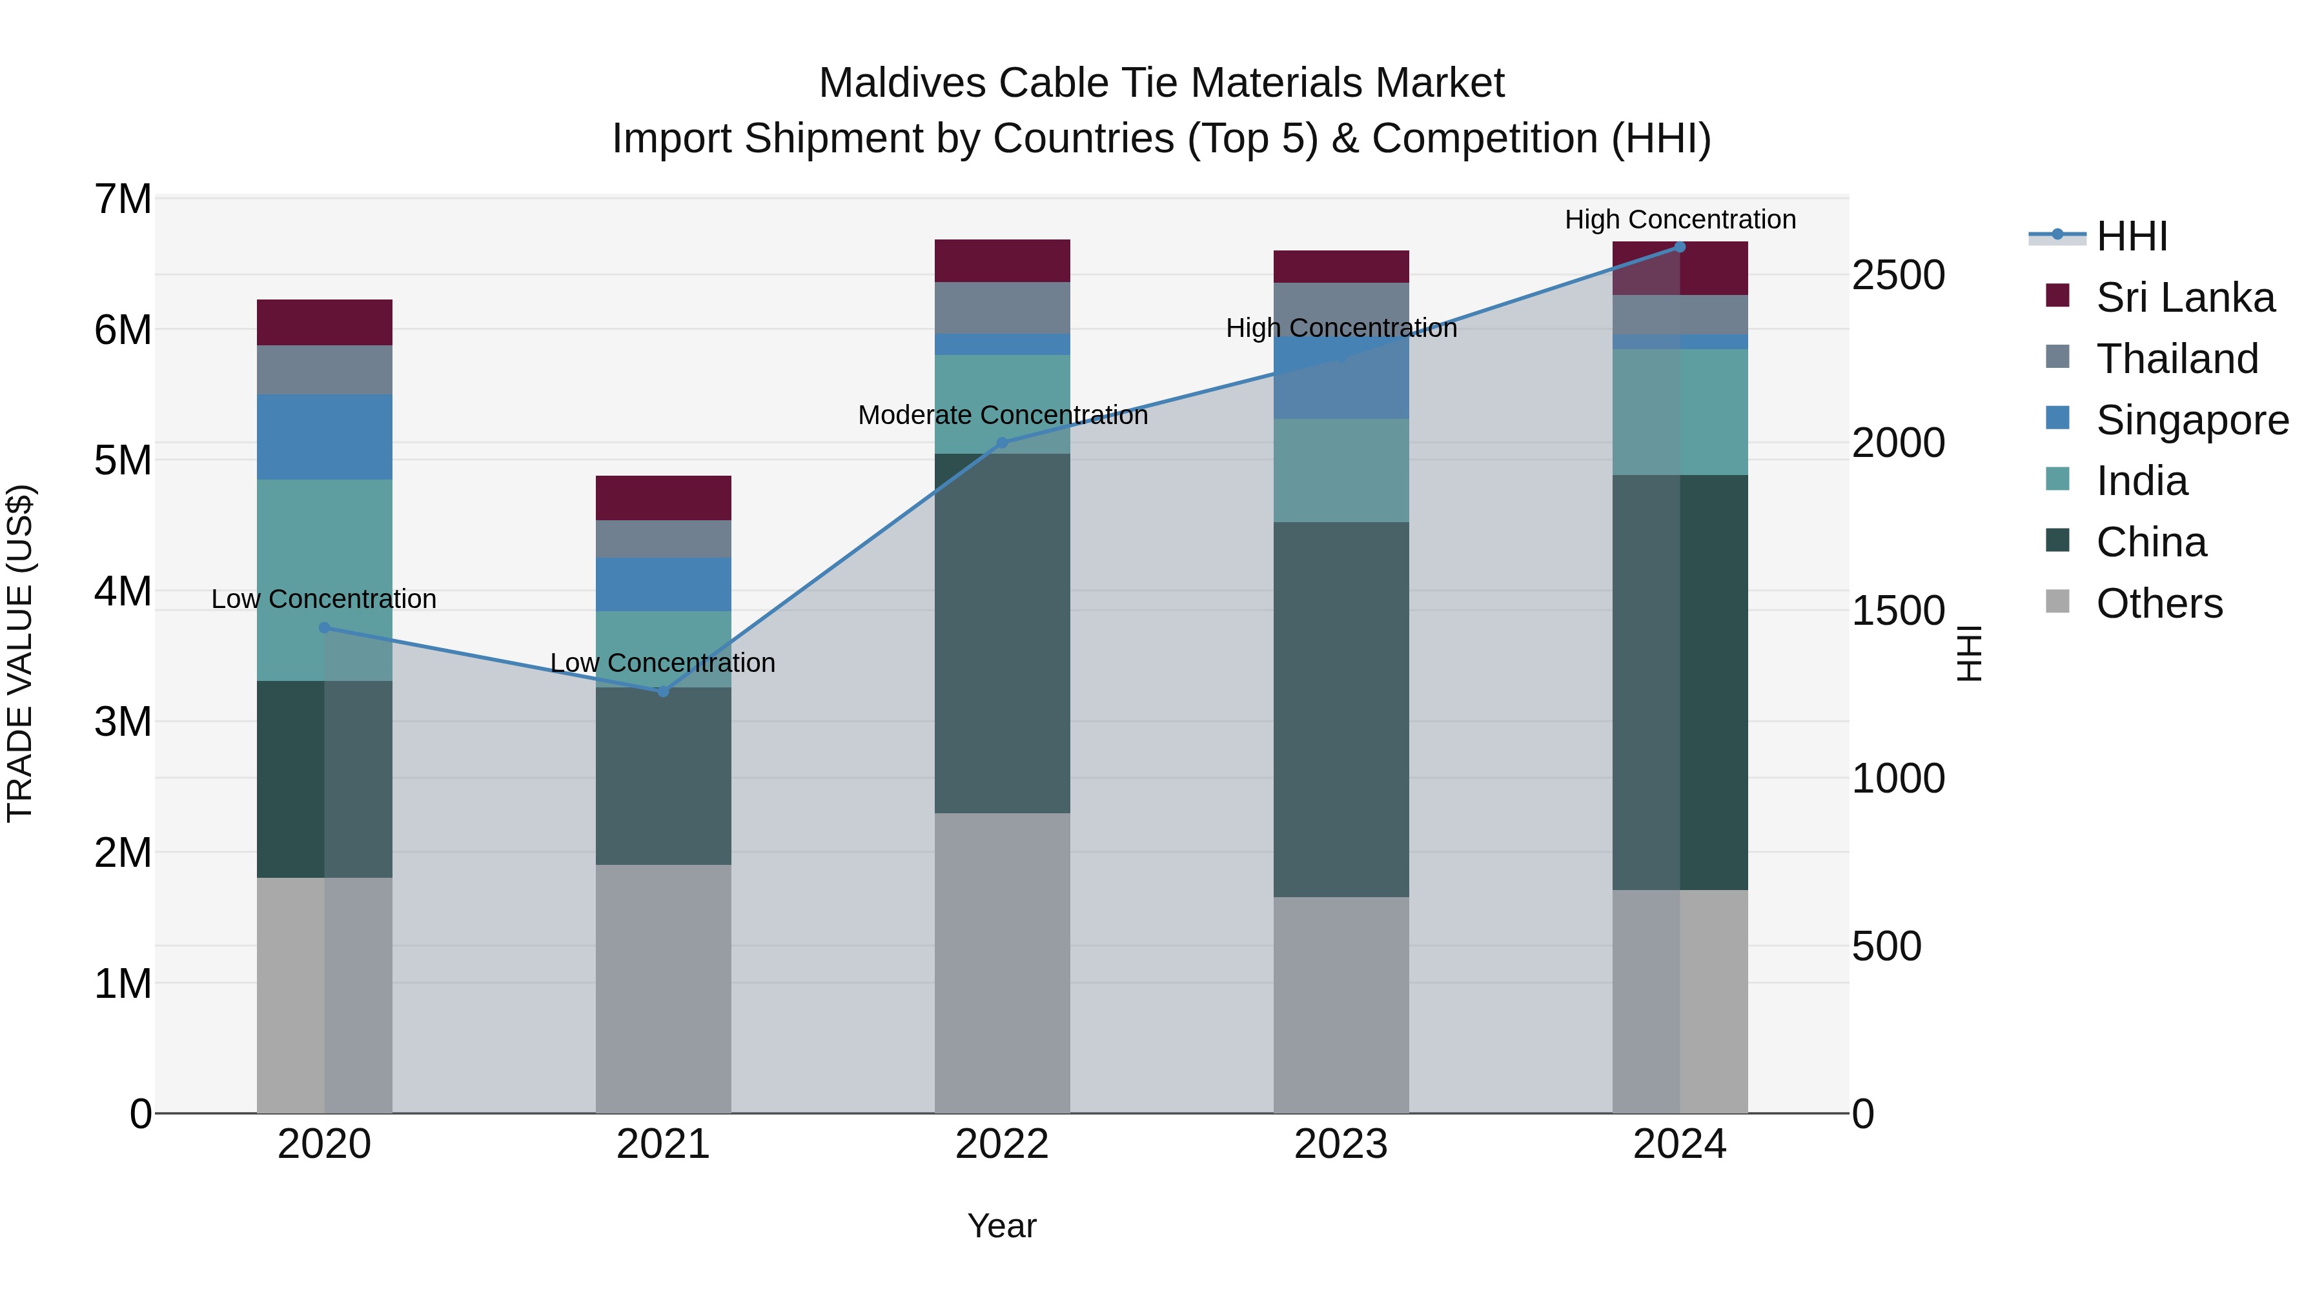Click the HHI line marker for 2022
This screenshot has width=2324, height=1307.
pyautogui.click(x=1001, y=443)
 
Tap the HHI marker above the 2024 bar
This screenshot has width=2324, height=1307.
pyautogui.click(x=1679, y=247)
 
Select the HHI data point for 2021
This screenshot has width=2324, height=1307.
pyautogui.click(x=663, y=692)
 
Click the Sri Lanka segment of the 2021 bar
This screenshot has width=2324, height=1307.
pyautogui.click(x=663, y=498)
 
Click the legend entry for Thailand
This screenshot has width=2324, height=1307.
pyautogui.click(x=2176, y=359)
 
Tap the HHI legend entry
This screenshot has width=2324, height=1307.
pyautogui.click(x=2131, y=236)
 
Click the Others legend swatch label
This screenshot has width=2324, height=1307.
pyautogui.click(x=2159, y=603)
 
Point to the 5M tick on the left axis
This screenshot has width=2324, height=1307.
pyautogui.click(x=123, y=460)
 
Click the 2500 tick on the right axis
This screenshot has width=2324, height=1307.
pyautogui.click(x=1898, y=275)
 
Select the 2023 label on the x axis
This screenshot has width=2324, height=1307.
pyautogui.click(x=1341, y=1144)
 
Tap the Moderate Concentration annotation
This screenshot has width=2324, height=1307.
pyautogui.click(x=1003, y=415)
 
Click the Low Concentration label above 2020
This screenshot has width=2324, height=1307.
pyautogui.click(x=324, y=599)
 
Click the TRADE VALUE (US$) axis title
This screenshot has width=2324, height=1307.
pyautogui.click(x=20, y=653)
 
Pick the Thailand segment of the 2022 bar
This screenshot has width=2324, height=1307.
pyautogui.click(x=1001, y=308)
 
